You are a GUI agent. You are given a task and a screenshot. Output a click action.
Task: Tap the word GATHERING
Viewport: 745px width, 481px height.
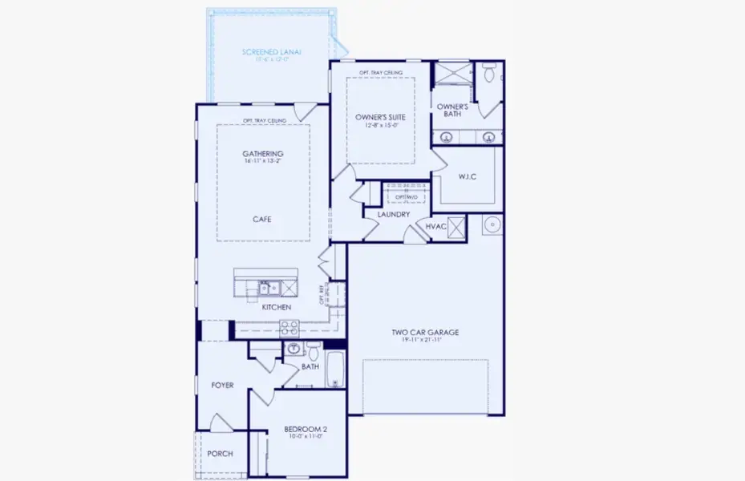263,154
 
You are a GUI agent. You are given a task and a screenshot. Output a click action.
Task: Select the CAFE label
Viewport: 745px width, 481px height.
263,219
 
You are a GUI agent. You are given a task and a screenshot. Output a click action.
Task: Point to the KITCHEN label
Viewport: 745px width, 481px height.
276,307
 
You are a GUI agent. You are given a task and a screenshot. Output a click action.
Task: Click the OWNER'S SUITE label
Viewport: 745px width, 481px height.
380,117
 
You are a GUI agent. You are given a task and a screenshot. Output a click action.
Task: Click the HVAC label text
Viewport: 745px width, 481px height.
435,228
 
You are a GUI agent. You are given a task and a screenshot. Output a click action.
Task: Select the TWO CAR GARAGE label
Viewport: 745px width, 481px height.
425,332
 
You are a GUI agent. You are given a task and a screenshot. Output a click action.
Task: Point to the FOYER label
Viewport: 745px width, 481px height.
222,386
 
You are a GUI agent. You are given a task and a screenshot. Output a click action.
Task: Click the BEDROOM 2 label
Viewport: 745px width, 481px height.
305,430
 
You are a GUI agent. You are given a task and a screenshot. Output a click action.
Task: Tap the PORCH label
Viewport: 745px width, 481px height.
220,454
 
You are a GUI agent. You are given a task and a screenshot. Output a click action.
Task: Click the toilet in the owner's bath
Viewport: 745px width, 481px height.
488,75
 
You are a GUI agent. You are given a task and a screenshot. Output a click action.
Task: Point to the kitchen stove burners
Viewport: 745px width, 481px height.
289,327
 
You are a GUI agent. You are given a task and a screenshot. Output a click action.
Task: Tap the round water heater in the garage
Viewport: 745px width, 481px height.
492,224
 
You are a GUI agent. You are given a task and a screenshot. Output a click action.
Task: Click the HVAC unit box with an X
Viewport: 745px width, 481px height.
456,228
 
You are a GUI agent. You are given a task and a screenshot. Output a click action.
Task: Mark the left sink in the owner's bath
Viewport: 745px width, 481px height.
447,137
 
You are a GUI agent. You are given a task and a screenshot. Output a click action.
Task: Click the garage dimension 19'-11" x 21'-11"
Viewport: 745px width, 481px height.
425,341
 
